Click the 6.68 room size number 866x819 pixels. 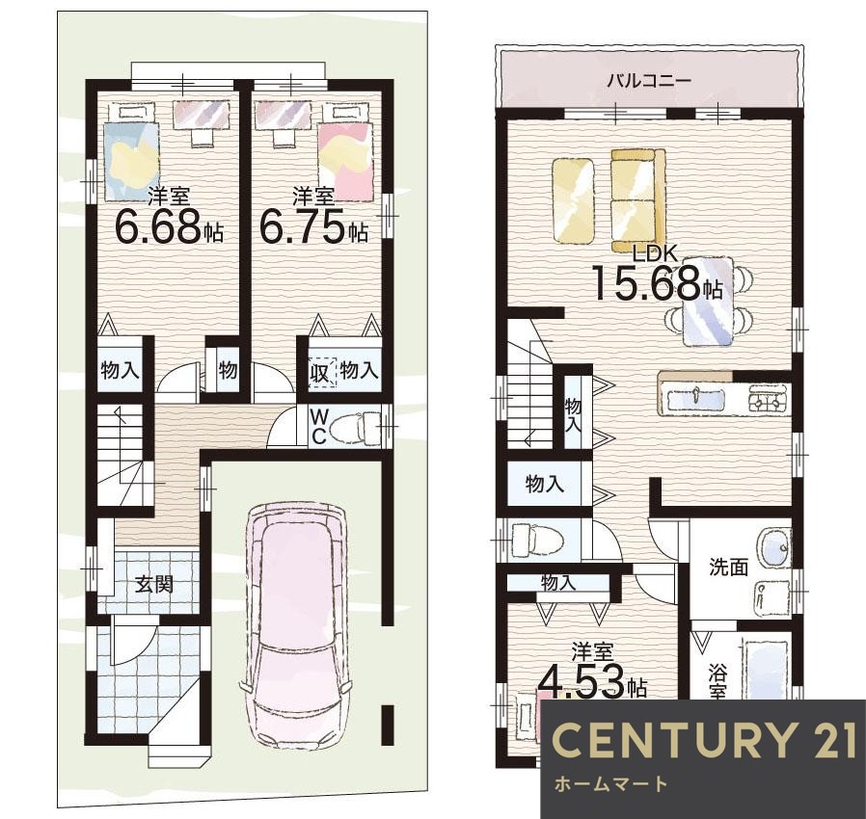(157, 226)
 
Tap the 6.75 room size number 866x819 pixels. (303, 226)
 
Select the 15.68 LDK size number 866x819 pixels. (647, 282)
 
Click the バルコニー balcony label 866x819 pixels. (650, 82)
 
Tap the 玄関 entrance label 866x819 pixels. (154, 583)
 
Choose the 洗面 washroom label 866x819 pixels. (729, 567)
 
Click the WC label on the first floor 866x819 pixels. (317, 426)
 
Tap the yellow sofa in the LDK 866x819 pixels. (638, 200)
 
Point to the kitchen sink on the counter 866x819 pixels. (695, 399)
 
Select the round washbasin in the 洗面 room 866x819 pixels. (775, 548)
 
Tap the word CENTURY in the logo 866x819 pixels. (667, 740)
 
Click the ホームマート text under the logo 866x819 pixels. (609, 783)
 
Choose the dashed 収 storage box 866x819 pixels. (321, 372)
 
